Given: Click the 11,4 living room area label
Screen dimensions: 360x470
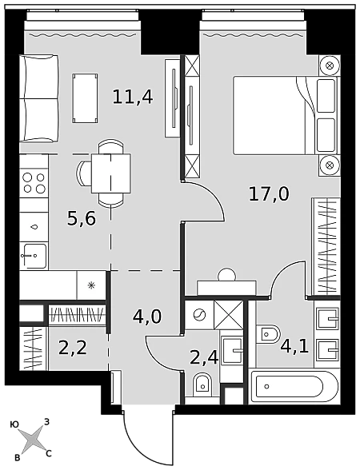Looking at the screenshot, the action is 133,98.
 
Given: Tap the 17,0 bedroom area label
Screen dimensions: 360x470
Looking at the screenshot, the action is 269,194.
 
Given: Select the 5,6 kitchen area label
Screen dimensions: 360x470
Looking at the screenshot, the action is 82,218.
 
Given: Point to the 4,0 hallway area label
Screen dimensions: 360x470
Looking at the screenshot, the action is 147,317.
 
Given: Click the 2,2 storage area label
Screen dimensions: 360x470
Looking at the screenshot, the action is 73,349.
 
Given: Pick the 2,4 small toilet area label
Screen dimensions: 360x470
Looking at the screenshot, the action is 204,356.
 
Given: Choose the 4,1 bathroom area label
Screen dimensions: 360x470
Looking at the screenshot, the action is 294,346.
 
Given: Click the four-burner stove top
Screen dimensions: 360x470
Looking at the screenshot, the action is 34,183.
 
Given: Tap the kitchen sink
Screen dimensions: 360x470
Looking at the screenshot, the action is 34,256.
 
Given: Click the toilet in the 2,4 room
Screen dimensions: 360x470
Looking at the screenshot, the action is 203,384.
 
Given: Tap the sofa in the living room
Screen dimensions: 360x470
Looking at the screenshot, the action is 39,98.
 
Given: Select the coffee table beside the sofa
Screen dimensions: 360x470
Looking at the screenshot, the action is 86,98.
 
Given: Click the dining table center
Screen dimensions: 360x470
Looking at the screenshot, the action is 111,173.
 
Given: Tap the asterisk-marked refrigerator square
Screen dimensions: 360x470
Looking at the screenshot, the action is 91,285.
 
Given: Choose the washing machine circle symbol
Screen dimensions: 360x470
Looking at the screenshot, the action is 199,315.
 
